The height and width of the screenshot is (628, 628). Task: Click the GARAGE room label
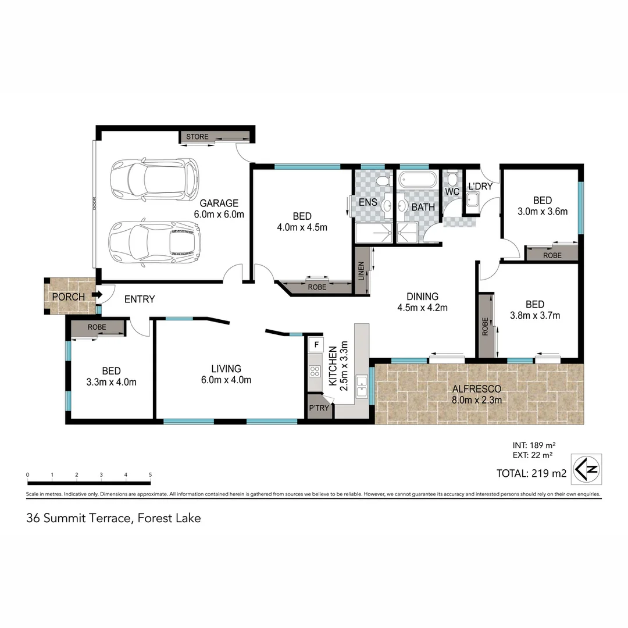click(x=219, y=203)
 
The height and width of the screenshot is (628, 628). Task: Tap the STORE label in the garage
click(x=197, y=137)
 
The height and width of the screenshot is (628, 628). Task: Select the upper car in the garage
click(x=154, y=179)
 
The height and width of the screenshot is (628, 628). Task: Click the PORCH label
click(x=68, y=297)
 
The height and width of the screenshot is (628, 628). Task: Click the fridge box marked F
click(x=316, y=344)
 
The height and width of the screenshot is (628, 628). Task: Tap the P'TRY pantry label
click(x=319, y=408)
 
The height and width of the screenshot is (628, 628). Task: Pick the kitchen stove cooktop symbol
click(x=315, y=370)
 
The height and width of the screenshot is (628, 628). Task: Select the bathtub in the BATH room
click(x=418, y=180)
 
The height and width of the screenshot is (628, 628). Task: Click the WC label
click(x=452, y=192)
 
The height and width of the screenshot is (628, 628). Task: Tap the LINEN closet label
click(x=361, y=270)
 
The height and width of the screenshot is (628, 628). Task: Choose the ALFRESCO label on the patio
click(x=477, y=389)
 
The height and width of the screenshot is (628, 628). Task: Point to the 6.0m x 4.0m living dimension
click(x=226, y=380)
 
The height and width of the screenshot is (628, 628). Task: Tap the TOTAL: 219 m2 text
click(x=531, y=473)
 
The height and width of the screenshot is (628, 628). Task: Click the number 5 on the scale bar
click(x=151, y=475)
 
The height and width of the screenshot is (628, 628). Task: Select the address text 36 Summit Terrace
click(x=77, y=518)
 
